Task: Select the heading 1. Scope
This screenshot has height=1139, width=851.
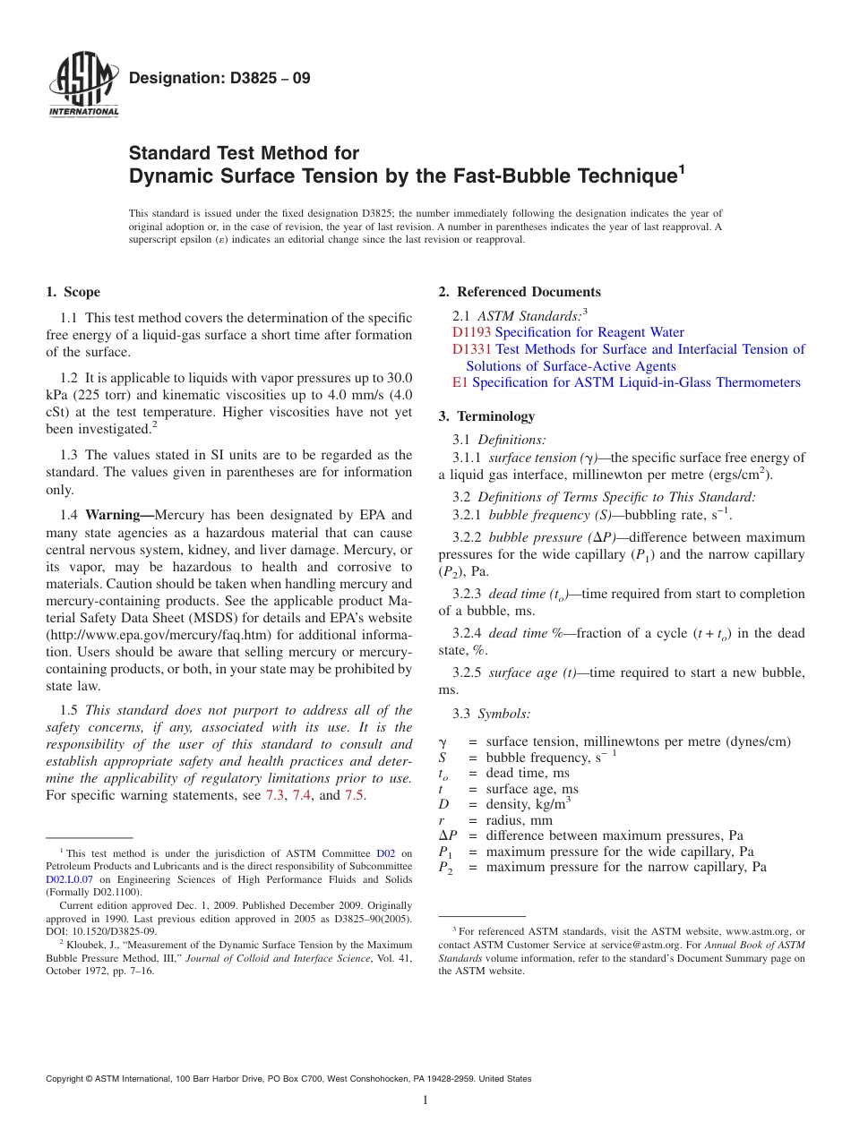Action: pos(73,292)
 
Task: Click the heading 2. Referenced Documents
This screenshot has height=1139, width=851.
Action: pos(520,292)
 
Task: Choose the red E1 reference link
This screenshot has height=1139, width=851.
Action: pos(460,382)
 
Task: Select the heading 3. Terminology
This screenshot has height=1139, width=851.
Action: pos(486,416)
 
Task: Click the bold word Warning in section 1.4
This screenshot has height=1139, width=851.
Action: pos(119,516)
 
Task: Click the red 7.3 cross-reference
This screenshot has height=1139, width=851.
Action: pos(275,795)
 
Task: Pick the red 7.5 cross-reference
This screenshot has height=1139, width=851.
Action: pos(354,795)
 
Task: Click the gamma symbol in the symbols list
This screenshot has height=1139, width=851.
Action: pos(443,741)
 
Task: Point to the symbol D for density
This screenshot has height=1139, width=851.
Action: pos(443,805)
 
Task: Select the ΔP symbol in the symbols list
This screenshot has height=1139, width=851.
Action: pos(448,836)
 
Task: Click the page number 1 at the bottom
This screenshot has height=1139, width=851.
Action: pos(425,1100)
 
